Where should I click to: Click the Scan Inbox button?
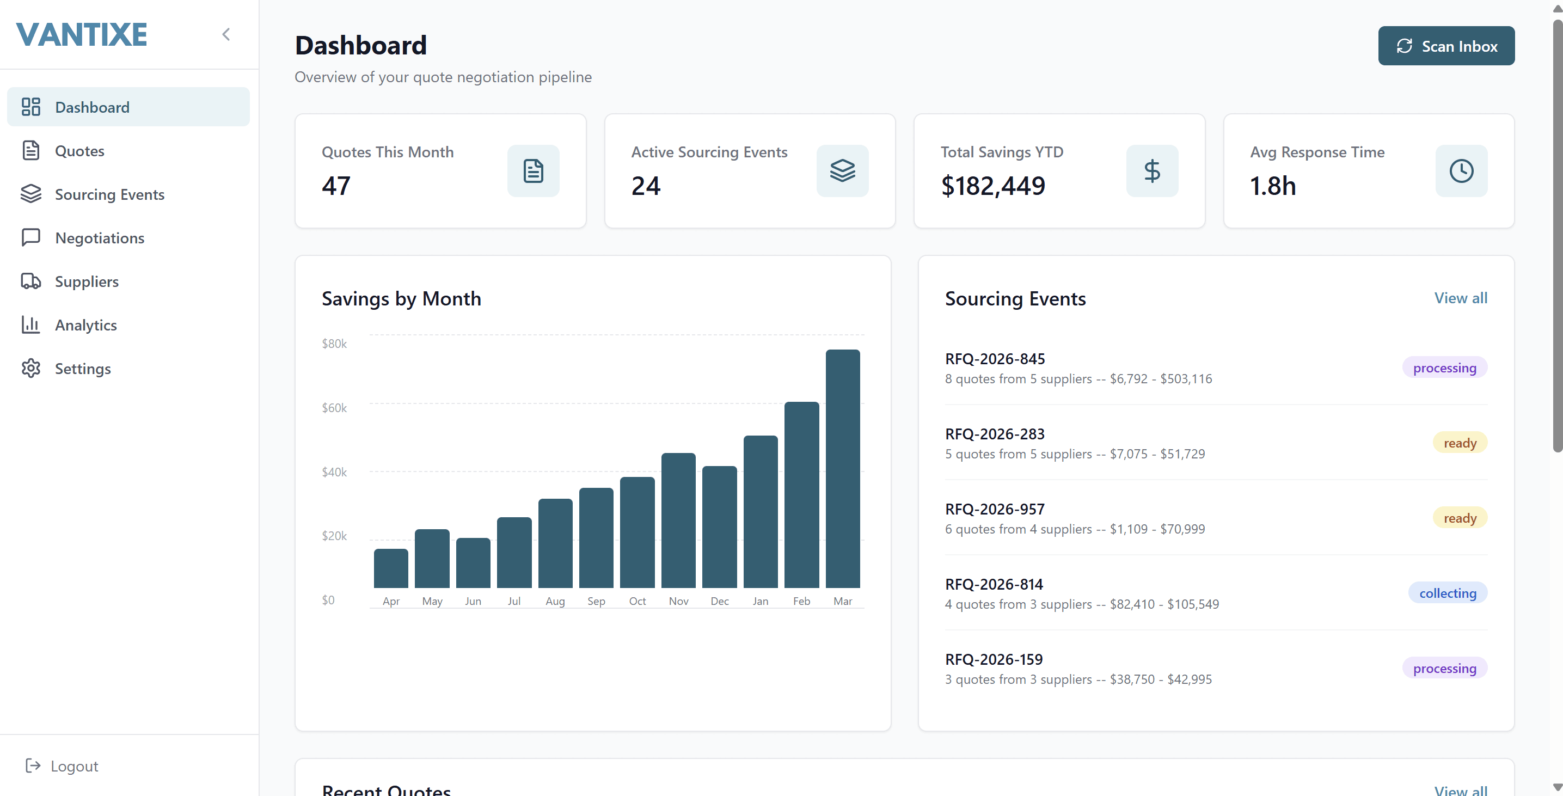click(x=1446, y=46)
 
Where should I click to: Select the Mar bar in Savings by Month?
click(x=842, y=468)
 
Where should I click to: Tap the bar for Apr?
click(x=391, y=568)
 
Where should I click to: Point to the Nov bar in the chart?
click(x=678, y=520)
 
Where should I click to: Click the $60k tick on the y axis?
click(x=334, y=408)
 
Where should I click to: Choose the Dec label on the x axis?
click(x=720, y=601)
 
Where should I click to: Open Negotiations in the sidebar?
click(x=100, y=238)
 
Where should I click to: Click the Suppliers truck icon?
click(x=31, y=281)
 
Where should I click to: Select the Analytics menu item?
click(x=85, y=325)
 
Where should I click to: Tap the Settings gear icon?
click(x=31, y=368)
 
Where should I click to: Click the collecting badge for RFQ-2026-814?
click(x=1447, y=593)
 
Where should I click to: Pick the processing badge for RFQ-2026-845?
click(x=1444, y=368)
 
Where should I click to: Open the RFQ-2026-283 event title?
click(x=995, y=434)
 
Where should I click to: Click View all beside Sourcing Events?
click(x=1461, y=298)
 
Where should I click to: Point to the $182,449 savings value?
click(x=992, y=186)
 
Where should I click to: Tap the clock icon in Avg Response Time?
click(x=1461, y=171)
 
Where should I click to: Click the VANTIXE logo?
click(x=82, y=35)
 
